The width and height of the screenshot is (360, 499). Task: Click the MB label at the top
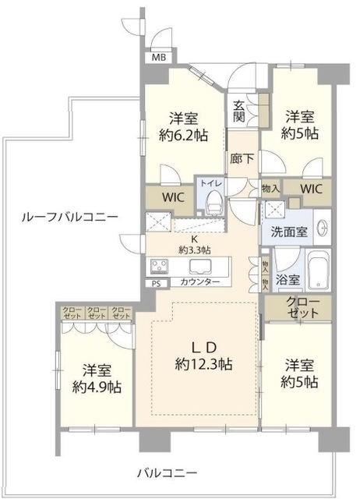(159, 58)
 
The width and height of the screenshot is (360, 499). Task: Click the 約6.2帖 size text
(185, 133)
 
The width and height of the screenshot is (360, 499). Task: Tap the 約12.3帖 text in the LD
(204, 363)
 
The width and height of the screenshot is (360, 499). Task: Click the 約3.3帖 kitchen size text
(192, 249)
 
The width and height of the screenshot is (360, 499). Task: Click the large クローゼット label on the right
(302, 307)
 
